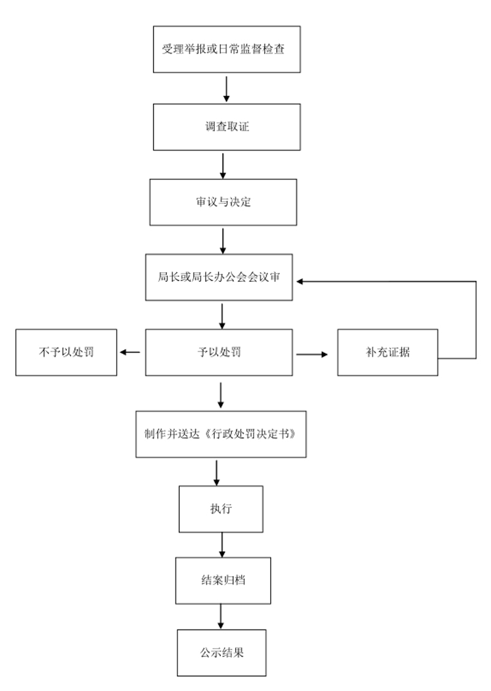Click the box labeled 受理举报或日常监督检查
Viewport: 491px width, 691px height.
(227, 49)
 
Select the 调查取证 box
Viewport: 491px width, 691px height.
(227, 127)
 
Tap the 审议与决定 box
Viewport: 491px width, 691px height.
(223, 202)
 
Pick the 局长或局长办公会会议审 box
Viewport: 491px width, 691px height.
(219, 277)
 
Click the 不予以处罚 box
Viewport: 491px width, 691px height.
(66, 352)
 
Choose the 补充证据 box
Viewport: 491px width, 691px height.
(387, 352)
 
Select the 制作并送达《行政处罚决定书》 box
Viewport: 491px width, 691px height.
(221, 434)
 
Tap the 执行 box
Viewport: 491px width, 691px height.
(221, 509)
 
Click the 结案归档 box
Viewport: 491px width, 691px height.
(223, 580)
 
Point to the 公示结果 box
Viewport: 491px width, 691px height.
(222, 653)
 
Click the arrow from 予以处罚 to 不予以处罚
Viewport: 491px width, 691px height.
(130, 352)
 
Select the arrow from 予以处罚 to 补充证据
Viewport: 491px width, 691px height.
(312, 354)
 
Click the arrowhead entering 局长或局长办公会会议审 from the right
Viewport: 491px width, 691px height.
(300, 281)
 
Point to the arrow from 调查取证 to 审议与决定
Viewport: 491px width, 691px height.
(223, 166)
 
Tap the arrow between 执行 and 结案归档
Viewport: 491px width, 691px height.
(222, 545)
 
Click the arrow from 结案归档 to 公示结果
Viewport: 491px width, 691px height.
(220, 617)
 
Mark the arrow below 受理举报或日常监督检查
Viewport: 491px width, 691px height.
(226, 89)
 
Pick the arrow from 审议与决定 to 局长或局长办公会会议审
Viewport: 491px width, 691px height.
(223, 241)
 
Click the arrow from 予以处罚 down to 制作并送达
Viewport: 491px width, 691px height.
(220, 395)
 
